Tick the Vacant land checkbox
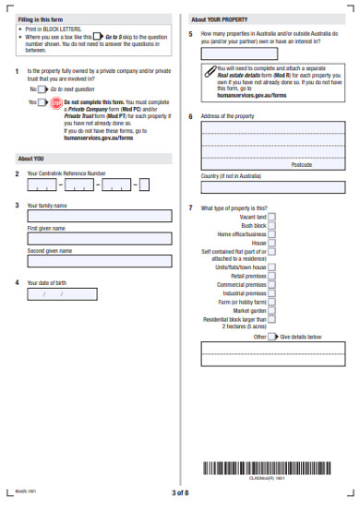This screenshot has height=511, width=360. (271, 217)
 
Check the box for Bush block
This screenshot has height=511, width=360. (271, 225)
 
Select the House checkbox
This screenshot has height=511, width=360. (271, 243)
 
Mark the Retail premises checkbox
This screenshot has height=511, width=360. (271, 276)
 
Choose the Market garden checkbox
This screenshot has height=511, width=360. (271, 310)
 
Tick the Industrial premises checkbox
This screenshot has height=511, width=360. (271, 293)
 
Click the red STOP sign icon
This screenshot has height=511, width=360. (56, 102)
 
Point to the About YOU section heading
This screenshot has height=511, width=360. (31, 158)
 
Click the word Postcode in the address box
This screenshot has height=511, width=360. (301, 164)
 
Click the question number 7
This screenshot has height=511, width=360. (190, 208)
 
